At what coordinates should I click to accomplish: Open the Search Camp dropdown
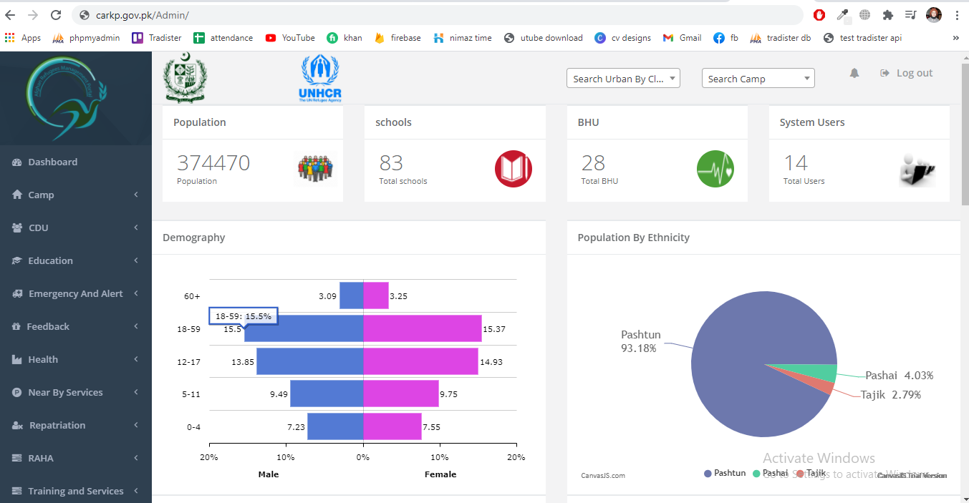click(758, 79)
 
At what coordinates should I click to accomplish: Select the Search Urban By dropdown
click(622, 79)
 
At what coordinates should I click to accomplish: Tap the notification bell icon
click(854, 73)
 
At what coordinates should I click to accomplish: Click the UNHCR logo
click(320, 78)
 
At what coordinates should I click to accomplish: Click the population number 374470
click(213, 163)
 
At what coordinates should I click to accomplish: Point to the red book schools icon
click(513, 169)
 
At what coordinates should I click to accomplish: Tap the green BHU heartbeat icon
click(715, 169)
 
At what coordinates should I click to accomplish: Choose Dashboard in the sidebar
click(52, 162)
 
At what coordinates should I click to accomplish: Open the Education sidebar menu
click(50, 261)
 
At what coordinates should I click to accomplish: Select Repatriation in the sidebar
click(57, 426)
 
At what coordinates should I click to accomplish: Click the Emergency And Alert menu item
click(75, 294)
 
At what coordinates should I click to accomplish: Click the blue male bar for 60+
click(351, 296)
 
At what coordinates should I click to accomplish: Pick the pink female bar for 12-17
click(420, 361)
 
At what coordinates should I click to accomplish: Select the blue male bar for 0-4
click(335, 426)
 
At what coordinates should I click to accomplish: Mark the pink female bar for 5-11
click(401, 394)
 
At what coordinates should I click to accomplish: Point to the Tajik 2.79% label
click(891, 395)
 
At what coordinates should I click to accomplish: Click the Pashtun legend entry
click(725, 473)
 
